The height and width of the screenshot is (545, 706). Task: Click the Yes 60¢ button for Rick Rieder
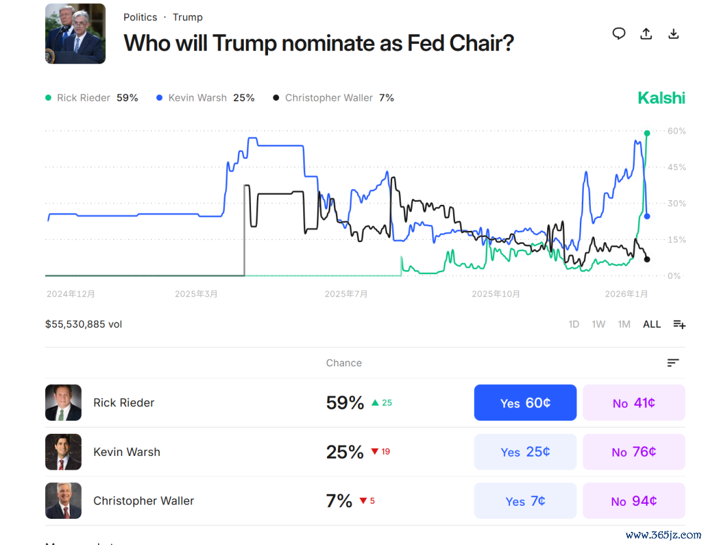pos(525,403)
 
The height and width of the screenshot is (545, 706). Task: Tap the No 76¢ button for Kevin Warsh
pos(633,452)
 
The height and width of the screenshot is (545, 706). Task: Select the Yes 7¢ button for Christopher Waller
pos(525,501)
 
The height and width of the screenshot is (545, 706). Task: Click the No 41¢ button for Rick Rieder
pos(633,403)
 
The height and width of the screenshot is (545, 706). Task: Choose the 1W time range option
pos(598,325)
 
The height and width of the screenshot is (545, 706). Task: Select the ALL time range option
pos(652,325)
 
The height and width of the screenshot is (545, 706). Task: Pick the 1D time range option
pos(574,325)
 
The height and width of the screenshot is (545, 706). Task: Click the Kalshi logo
pos(662,98)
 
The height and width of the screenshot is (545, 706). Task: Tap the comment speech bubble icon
pos(618,34)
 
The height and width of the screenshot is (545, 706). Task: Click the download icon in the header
pos(673,34)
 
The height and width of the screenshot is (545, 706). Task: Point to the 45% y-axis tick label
pos(677,167)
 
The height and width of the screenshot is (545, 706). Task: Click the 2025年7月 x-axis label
pos(346,294)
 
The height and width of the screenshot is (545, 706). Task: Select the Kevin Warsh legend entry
pos(205,98)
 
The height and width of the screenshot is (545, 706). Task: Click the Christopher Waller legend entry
pos(333,98)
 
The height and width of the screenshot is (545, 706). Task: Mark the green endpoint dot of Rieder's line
pos(647,133)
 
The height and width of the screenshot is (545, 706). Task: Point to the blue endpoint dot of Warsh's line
pos(647,217)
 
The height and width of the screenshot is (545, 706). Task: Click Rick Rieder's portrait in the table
pos(63,403)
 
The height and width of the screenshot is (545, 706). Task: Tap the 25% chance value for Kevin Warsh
pos(345,452)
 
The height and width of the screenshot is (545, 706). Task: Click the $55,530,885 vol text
pos(84,325)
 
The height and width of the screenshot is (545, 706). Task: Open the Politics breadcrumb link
pos(140,17)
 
